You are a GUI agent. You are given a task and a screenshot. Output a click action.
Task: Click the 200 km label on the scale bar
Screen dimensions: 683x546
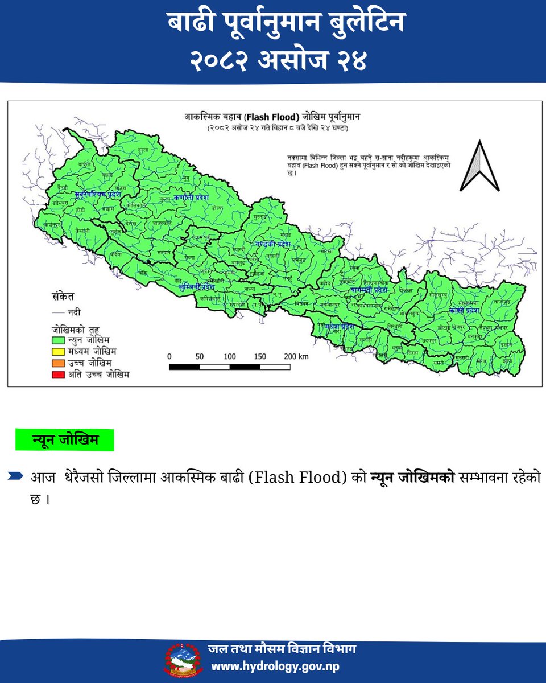[x=295, y=356]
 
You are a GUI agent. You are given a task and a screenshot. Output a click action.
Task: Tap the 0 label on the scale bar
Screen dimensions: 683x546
[x=169, y=356]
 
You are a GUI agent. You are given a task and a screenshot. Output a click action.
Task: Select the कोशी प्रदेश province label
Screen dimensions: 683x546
[x=464, y=310]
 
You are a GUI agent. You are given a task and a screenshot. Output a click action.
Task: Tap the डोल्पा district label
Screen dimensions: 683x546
[x=216, y=209]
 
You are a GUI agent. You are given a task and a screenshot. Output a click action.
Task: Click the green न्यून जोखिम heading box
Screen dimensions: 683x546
[x=65, y=440]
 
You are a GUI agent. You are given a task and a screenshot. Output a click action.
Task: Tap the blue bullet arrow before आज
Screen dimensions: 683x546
[x=16, y=476]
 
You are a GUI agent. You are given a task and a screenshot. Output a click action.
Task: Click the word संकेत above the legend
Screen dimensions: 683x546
[x=61, y=297]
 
